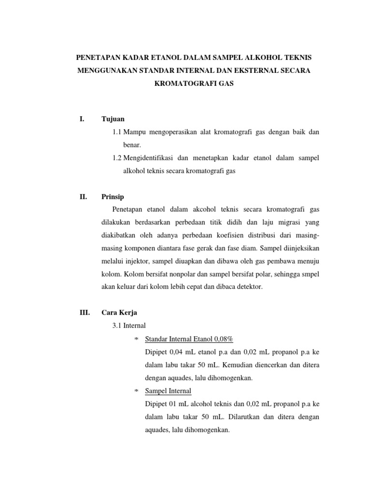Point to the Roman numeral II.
coord(82,197)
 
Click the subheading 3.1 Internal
coord(129,326)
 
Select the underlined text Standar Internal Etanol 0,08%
coord(189,339)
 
